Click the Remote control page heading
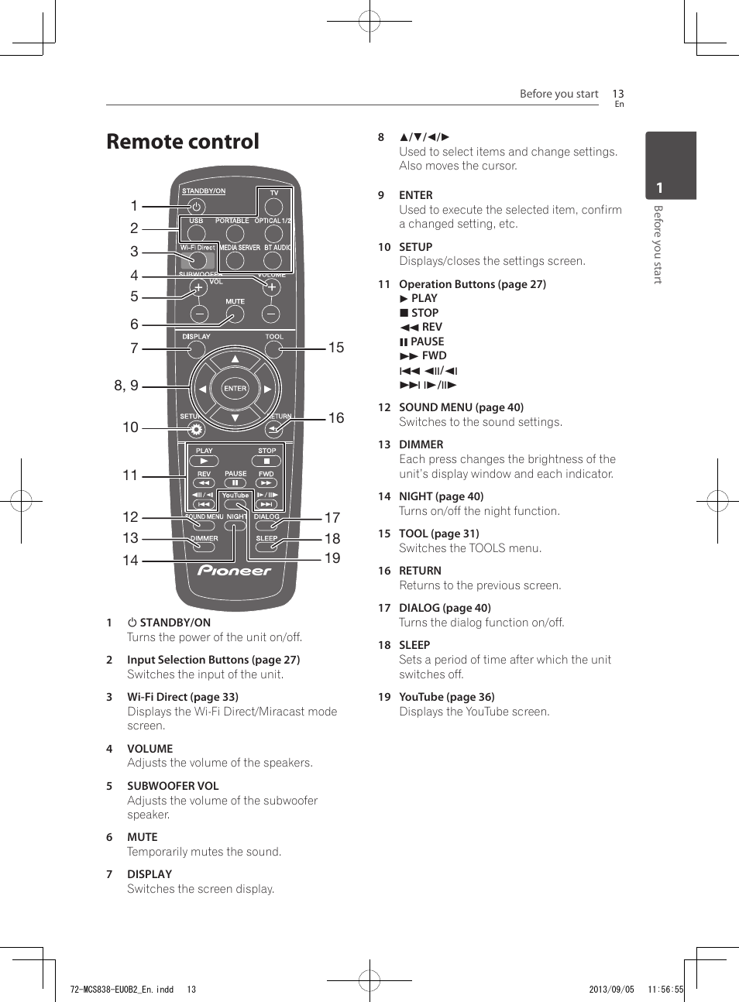click(x=183, y=142)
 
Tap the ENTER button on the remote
click(x=235, y=389)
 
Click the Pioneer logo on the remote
click(x=235, y=571)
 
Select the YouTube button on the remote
click(x=235, y=503)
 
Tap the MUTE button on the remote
click(x=235, y=314)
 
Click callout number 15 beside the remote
click(x=336, y=348)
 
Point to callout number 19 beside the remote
click(x=332, y=558)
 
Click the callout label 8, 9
click(x=126, y=386)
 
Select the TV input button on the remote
click(x=273, y=207)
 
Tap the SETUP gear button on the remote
click(x=196, y=429)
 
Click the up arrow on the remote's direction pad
click(x=235, y=359)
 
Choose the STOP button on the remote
click(x=266, y=461)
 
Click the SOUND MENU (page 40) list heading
click(x=461, y=407)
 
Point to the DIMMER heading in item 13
click(x=421, y=444)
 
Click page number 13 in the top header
click(x=617, y=94)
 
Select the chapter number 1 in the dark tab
click(x=659, y=188)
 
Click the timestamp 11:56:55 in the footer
click(x=665, y=989)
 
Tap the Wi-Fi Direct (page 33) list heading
click(x=183, y=697)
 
